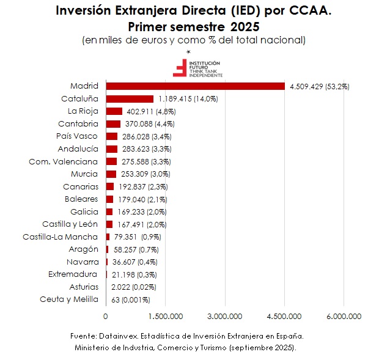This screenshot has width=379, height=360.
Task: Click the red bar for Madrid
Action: [196, 86]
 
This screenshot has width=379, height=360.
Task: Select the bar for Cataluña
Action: [130, 98]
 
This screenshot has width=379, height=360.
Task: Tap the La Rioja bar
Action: [114, 111]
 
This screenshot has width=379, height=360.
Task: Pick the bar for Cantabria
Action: [113, 124]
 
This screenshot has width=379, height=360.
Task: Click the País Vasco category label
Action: [76, 136]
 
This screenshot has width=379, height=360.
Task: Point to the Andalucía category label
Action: [78, 149]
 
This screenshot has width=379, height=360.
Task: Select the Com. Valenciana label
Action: [63, 161]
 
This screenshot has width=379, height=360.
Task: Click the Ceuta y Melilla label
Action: [68, 299]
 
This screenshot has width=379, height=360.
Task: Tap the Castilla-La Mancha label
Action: [60, 237]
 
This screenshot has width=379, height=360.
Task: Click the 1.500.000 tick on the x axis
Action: [166, 316]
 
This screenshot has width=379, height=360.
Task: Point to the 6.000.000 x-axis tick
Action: [344, 316]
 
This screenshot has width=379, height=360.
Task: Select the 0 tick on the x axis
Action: [106, 316]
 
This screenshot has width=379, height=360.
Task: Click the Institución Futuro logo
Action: [197, 68]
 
